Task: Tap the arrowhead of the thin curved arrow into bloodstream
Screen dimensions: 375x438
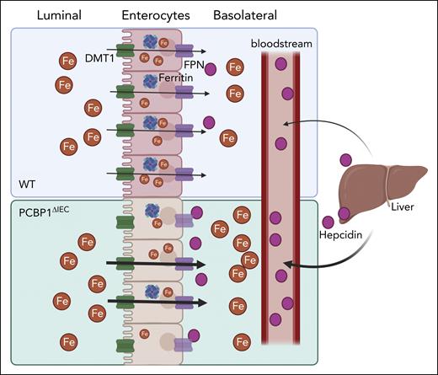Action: pos(286,123)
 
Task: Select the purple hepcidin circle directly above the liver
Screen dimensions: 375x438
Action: pos(346,158)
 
